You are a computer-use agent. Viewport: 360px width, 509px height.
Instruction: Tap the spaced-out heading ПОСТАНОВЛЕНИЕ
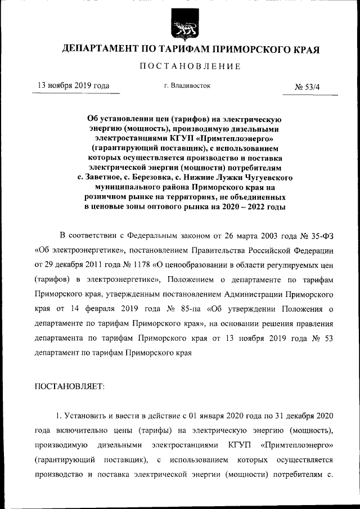[x=190, y=67]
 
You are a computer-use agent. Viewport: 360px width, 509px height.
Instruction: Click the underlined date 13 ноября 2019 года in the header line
[x=73, y=86]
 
